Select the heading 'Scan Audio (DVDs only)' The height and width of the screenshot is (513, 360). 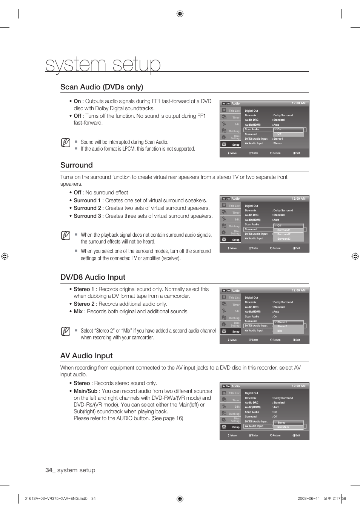tap(102, 87)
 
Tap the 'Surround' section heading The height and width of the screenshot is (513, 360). tap(77, 165)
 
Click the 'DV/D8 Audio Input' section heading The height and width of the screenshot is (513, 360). tap(93, 277)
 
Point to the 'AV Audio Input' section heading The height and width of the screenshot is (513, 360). tap(86, 356)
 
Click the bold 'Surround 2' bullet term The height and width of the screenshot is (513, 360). tap(87, 208)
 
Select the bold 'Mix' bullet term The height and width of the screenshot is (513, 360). tap(78, 311)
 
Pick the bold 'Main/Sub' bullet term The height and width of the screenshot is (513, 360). tap(85, 391)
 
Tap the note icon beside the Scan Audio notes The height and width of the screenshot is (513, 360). tap(65, 143)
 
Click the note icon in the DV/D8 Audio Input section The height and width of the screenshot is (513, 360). tap(65, 331)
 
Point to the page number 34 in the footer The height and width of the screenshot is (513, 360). tap(49, 470)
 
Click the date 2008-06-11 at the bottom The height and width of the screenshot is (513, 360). tap(309, 498)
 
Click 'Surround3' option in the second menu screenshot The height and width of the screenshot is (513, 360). tap(284, 239)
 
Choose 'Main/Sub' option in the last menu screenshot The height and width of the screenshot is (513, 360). tap(283, 427)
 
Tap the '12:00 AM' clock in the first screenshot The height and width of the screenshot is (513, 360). tap(298, 103)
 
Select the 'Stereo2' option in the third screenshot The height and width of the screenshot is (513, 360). tap(282, 327)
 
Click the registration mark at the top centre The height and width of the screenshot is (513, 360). tap(180, 14)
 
